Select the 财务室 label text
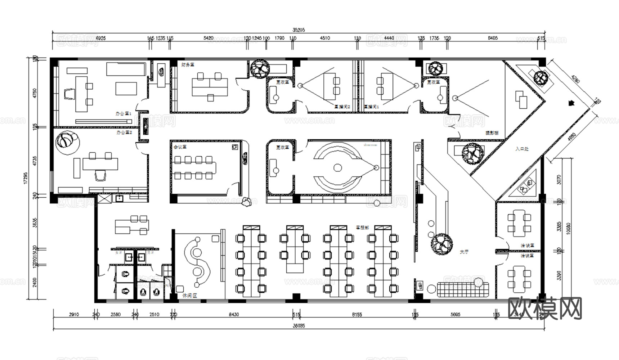coord(188,65)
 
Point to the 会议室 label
coord(180,147)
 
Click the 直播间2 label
coord(342,107)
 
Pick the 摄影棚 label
coord(492,133)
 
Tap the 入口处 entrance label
coord(522,148)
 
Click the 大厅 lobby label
coord(464,252)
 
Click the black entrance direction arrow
coord(570,103)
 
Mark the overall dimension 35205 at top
coord(298,30)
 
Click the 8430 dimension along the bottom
coord(233,315)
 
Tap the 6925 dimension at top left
coord(99,38)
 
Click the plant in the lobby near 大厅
coord(442,244)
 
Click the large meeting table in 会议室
coord(195,167)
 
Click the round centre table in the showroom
coord(337,167)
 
